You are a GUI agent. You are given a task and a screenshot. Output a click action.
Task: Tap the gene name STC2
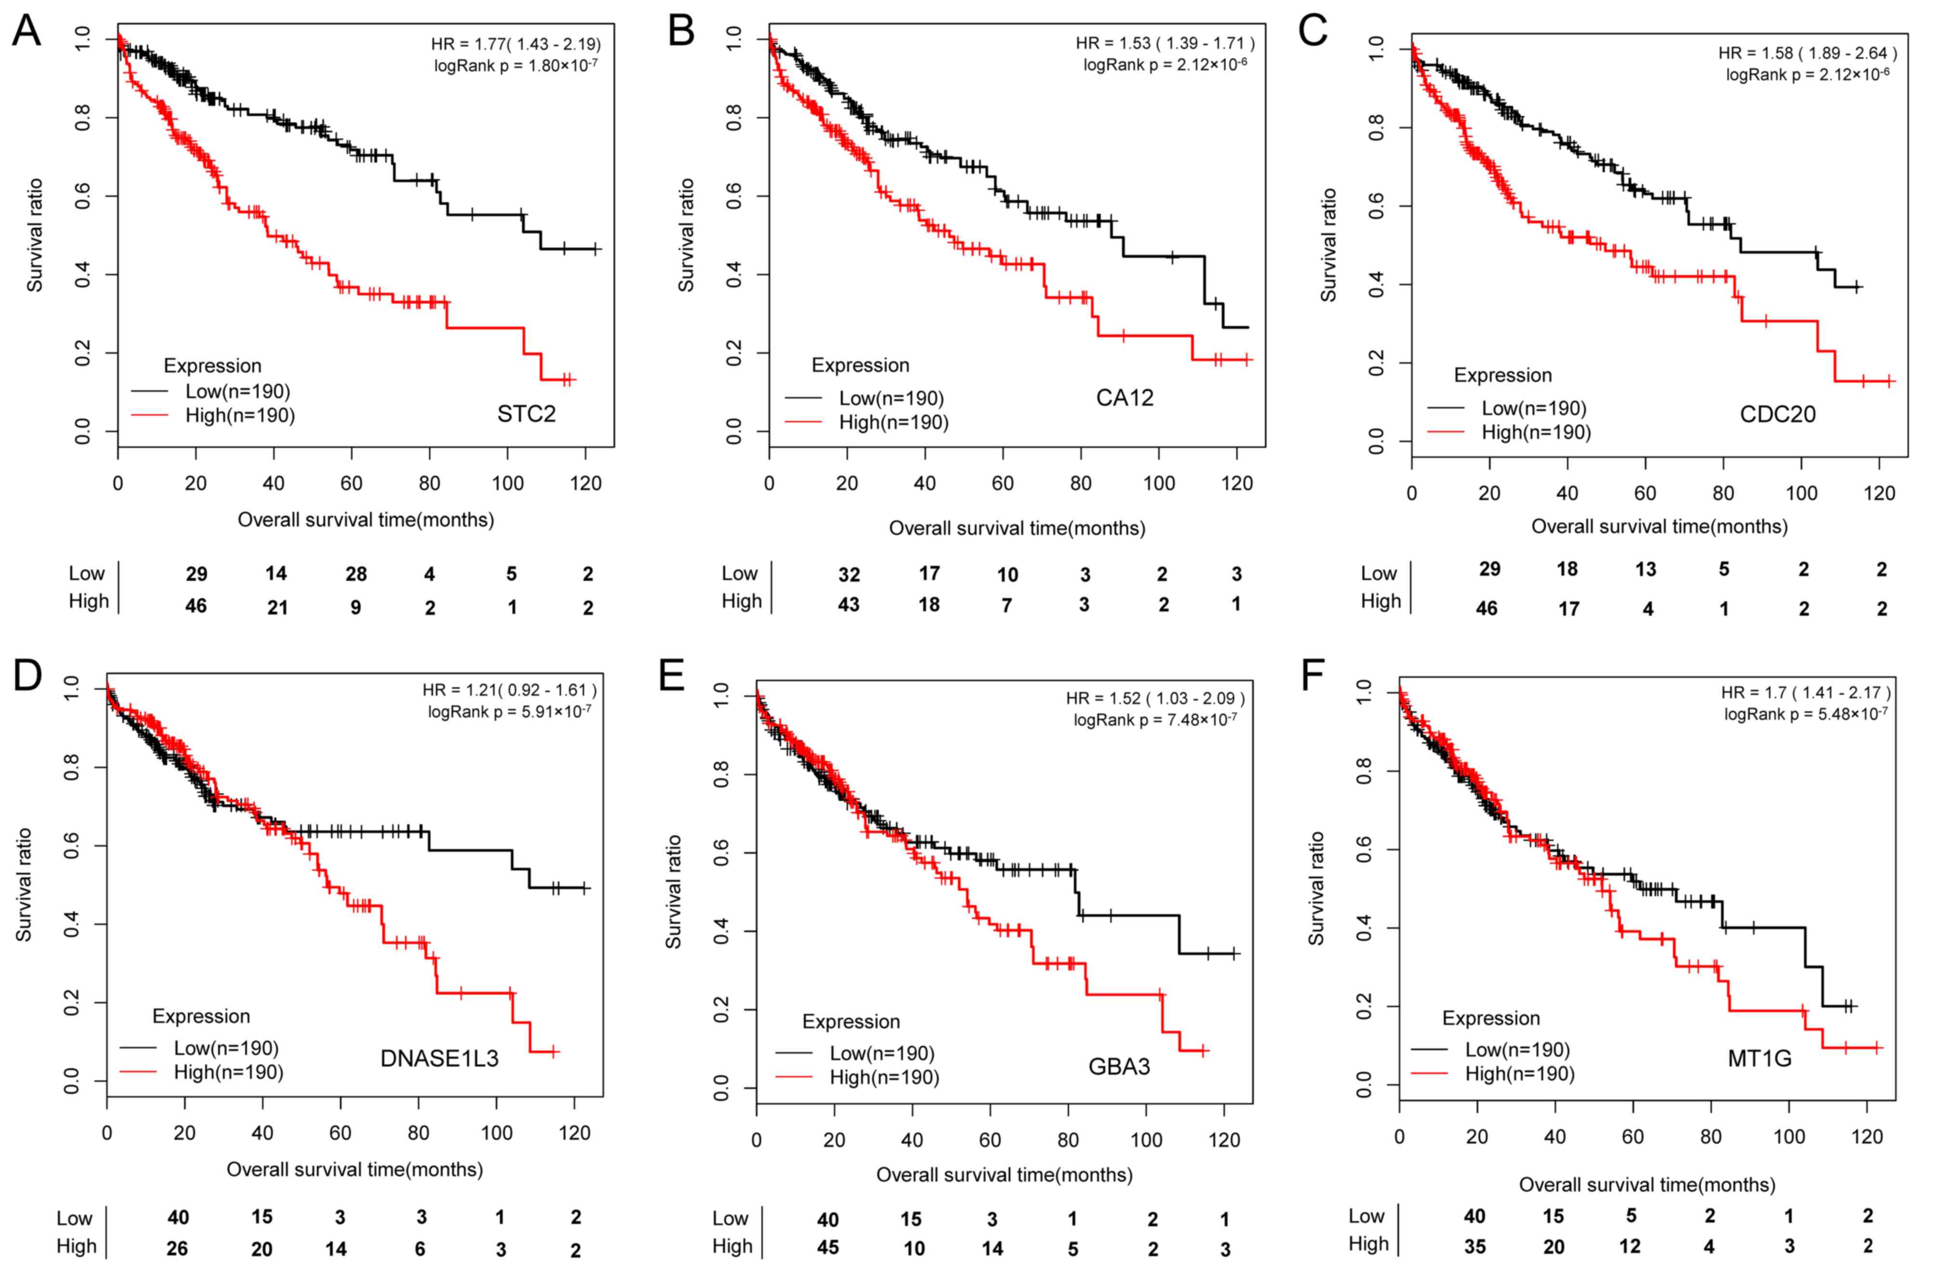pos(526,414)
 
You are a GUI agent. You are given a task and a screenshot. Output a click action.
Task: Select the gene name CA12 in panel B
pos(1124,398)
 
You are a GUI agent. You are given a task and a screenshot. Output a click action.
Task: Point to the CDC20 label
pos(1777,414)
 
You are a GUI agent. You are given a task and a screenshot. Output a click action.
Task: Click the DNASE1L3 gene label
pos(439,1059)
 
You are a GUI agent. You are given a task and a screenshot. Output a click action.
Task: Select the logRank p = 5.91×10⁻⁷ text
pos(509,711)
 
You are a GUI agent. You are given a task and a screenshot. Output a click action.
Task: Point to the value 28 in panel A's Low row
pos(355,574)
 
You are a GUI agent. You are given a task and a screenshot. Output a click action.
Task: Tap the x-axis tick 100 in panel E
pos(1146,1140)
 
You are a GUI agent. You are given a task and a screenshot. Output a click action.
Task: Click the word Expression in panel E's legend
pos(851,1022)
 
